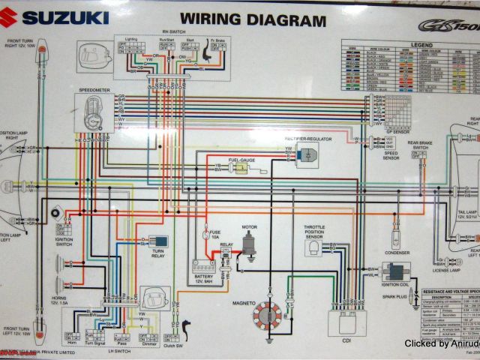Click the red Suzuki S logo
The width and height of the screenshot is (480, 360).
pos(10,16)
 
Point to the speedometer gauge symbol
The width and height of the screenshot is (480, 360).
pos(92,120)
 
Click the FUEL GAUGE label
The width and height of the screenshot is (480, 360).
pos(243,160)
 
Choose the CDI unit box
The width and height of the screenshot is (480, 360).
pos(346,323)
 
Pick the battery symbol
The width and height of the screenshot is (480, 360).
pos(204,267)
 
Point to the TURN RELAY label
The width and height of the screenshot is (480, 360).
pos(158,253)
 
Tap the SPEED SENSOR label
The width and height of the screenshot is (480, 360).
pos(391,155)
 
